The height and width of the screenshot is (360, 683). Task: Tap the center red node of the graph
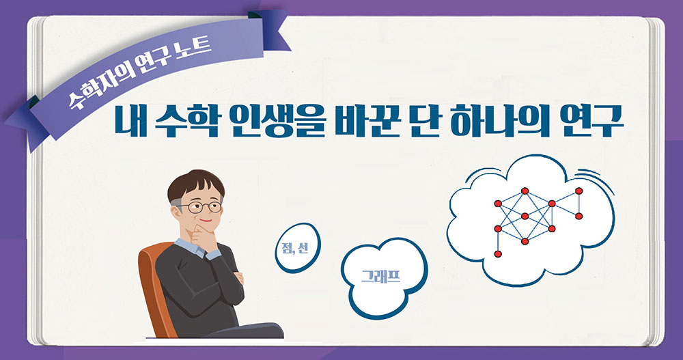(x=525, y=216)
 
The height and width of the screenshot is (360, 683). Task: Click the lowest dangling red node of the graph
(x=498, y=254)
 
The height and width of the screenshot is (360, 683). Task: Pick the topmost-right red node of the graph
(x=579, y=191)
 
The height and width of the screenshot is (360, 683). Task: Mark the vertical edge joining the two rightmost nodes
(x=579, y=204)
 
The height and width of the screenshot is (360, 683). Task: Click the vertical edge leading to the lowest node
(x=498, y=241)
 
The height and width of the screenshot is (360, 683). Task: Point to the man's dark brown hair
(x=195, y=182)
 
